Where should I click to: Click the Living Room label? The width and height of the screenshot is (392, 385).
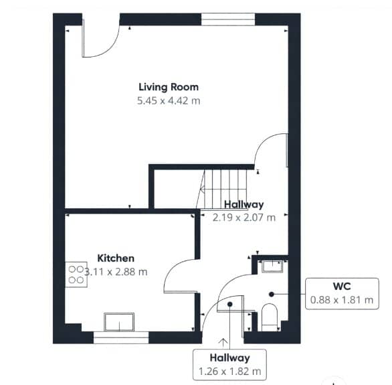169,87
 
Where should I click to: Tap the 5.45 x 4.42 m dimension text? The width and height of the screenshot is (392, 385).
169,101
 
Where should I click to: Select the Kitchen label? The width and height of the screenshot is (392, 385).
116,258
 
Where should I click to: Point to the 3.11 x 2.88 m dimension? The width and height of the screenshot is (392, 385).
116,272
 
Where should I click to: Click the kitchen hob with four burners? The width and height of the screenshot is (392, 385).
76,275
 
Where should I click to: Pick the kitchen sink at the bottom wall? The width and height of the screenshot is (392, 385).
119,322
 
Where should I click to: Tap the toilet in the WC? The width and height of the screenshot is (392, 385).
270,317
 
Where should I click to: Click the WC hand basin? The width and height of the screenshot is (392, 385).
272,266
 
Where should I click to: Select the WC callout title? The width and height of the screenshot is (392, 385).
342,286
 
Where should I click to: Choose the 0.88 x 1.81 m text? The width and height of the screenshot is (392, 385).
342,300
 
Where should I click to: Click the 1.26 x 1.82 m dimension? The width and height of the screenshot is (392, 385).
229,371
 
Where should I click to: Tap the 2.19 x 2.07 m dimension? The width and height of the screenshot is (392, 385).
244,218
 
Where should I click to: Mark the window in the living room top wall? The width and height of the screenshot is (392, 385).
228,19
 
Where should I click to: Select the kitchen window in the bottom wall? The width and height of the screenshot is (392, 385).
121,337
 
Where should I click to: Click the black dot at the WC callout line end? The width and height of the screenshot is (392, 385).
272,295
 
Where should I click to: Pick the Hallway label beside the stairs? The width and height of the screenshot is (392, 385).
244,204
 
